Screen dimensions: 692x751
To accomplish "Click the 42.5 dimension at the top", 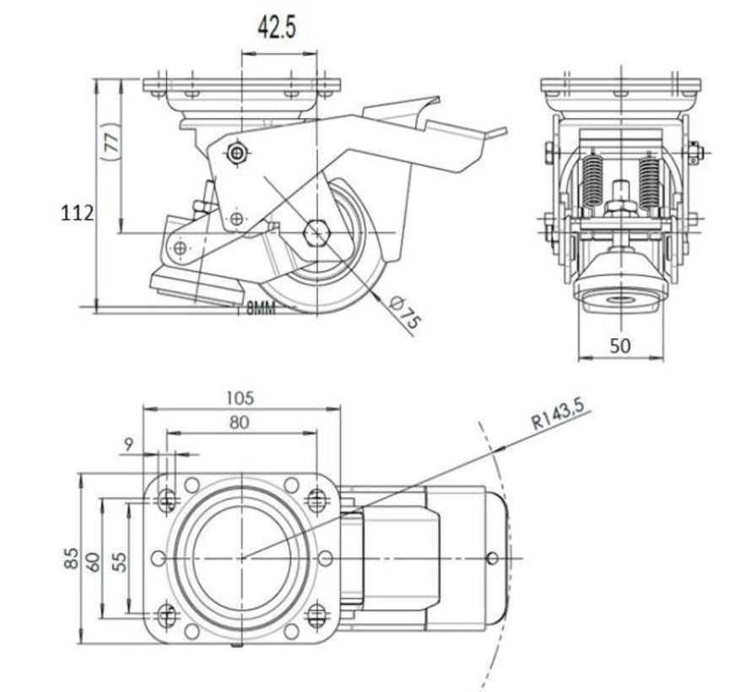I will point(276,27).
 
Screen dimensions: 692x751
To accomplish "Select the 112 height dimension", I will point(77,214).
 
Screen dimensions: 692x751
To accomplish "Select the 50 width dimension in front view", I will point(620,345).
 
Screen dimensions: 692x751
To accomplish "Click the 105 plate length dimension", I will point(241,397).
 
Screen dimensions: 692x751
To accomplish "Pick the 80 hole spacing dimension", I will point(240,422).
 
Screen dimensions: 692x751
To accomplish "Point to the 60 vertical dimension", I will point(93,558).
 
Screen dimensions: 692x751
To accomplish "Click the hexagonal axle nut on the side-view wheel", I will point(317,231).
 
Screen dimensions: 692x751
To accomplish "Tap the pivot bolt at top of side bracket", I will point(239,153).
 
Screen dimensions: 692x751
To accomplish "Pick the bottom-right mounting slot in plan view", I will point(316,614).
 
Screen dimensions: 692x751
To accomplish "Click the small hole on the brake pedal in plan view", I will point(493,558).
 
